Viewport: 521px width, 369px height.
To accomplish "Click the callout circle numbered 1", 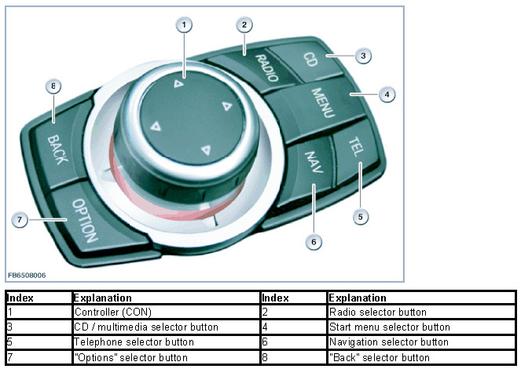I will point(184,25).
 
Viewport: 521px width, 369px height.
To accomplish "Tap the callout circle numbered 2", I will point(245,25).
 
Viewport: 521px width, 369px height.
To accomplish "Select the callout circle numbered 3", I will point(361,56).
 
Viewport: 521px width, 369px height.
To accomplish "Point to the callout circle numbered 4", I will point(386,94).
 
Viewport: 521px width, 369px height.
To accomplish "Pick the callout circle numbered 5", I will point(361,215).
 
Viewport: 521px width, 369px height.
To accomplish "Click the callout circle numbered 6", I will point(313,242).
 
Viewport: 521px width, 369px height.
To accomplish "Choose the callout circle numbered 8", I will point(53,87).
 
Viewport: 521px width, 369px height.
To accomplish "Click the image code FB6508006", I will point(27,276).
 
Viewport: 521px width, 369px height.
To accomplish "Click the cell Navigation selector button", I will point(388,342).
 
